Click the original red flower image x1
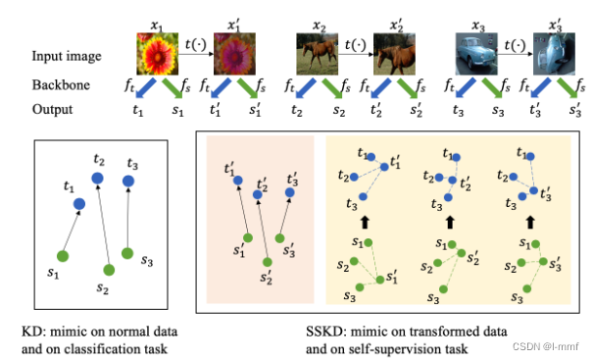coord(158,54)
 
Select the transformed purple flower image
coord(234,54)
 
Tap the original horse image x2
coord(317,54)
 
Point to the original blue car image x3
coord(476,54)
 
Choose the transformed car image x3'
coord(554,54)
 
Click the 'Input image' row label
coord(67,56)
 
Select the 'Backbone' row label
coord(61,85)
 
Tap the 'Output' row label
coord(52,109)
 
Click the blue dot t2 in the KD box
coord(97,179)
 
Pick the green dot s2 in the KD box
coord(109,270)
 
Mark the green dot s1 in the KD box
coord(63,256)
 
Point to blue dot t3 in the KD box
coord(128,181)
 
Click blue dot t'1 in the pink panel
coord(238,180)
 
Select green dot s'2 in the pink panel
coord(268,262)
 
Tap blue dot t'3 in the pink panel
coord(290,193)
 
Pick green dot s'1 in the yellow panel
coord(380,280)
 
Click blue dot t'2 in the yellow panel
coord(452,180)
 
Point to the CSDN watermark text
coord(546,346)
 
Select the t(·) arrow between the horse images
coord(356,54)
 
